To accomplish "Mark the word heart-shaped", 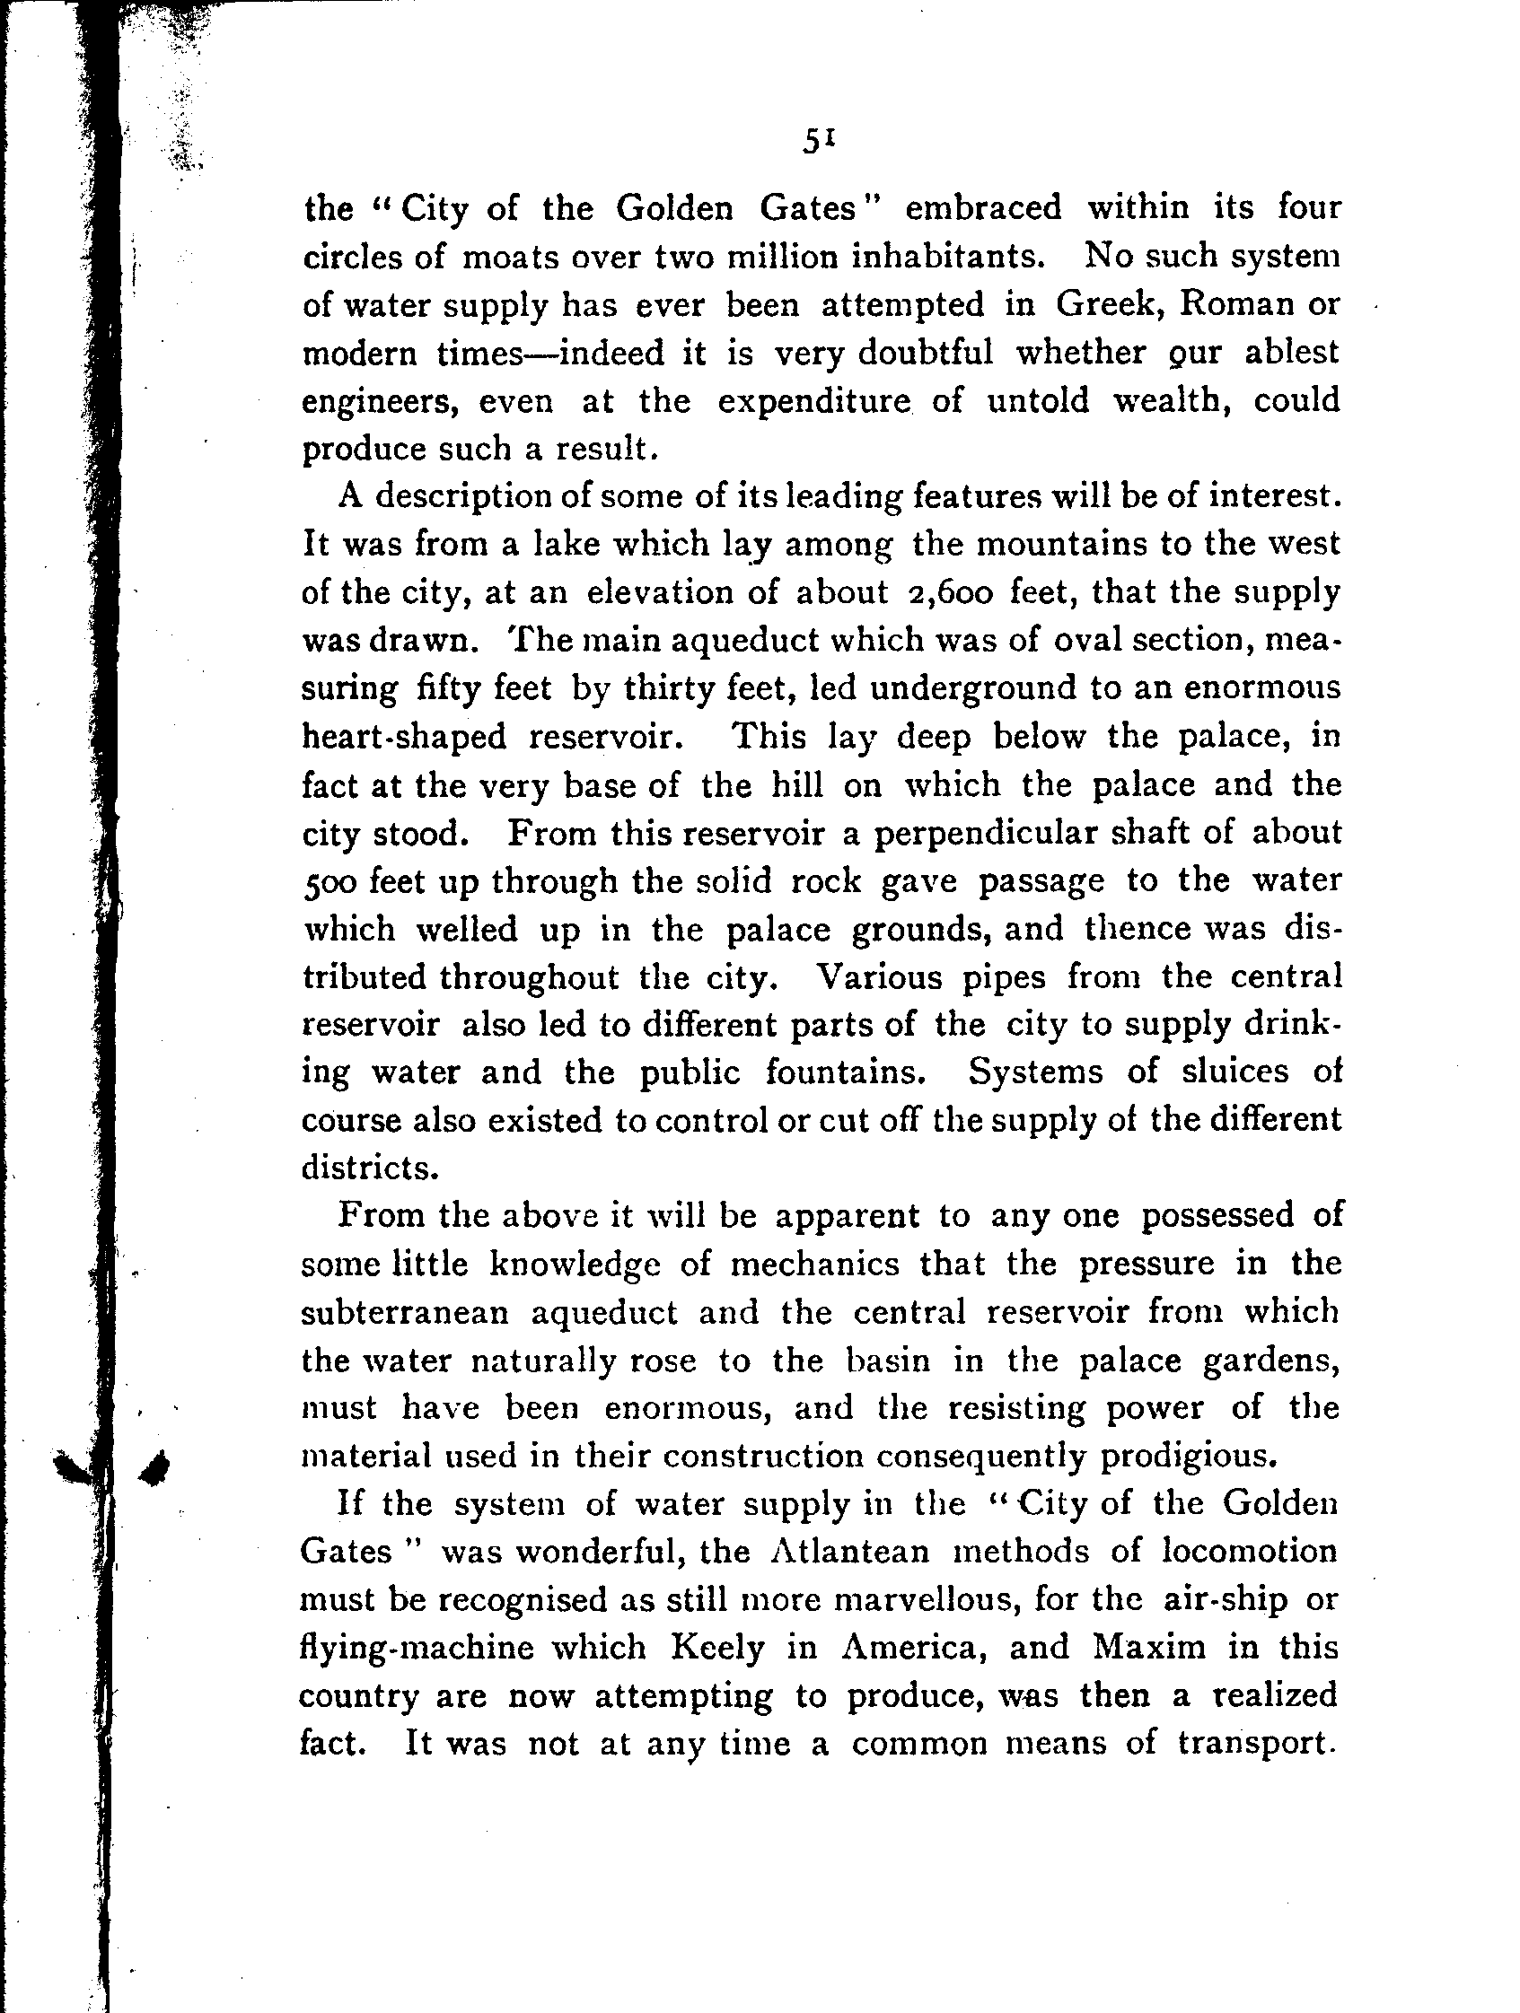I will [403, 736].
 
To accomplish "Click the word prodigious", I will [1185, 1456].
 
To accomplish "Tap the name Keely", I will [716, 1648].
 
